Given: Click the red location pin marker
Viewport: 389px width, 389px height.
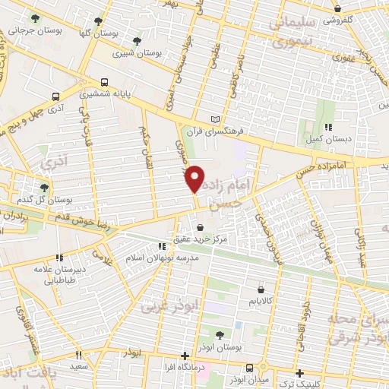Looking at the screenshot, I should (x=195, y=179).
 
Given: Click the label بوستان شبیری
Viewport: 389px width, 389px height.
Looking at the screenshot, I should (x=120, y=54).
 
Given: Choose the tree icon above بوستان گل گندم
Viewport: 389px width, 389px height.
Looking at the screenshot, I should (x=44, y=187).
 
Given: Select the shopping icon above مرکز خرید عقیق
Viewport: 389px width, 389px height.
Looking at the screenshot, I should (x=200, y=227).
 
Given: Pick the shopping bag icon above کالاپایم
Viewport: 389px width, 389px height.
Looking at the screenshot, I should (x=261, y=289).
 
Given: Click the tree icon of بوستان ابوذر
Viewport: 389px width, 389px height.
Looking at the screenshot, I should (x=219, y=334).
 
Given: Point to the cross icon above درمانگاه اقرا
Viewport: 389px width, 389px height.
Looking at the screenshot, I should (x=185, y=355).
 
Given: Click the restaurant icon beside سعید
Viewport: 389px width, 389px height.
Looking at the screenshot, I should (x=77, y=355).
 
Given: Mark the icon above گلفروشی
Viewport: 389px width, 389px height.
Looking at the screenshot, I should (x=337, y=9).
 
